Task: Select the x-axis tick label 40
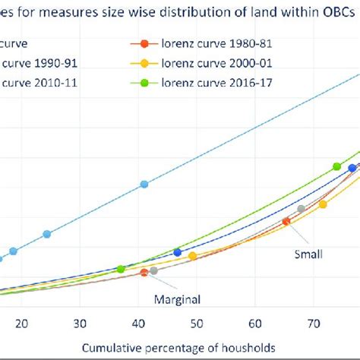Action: click(137, 322)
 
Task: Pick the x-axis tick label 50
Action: click(197, 322)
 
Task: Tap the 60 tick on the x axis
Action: click(255, 322)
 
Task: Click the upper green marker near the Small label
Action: click(336, 166)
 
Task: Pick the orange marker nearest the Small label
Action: click(286, 221)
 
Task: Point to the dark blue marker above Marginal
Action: click(178, 252)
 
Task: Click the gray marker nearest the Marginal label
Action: click(154, 270)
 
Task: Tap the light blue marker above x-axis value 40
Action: click(144, 185)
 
